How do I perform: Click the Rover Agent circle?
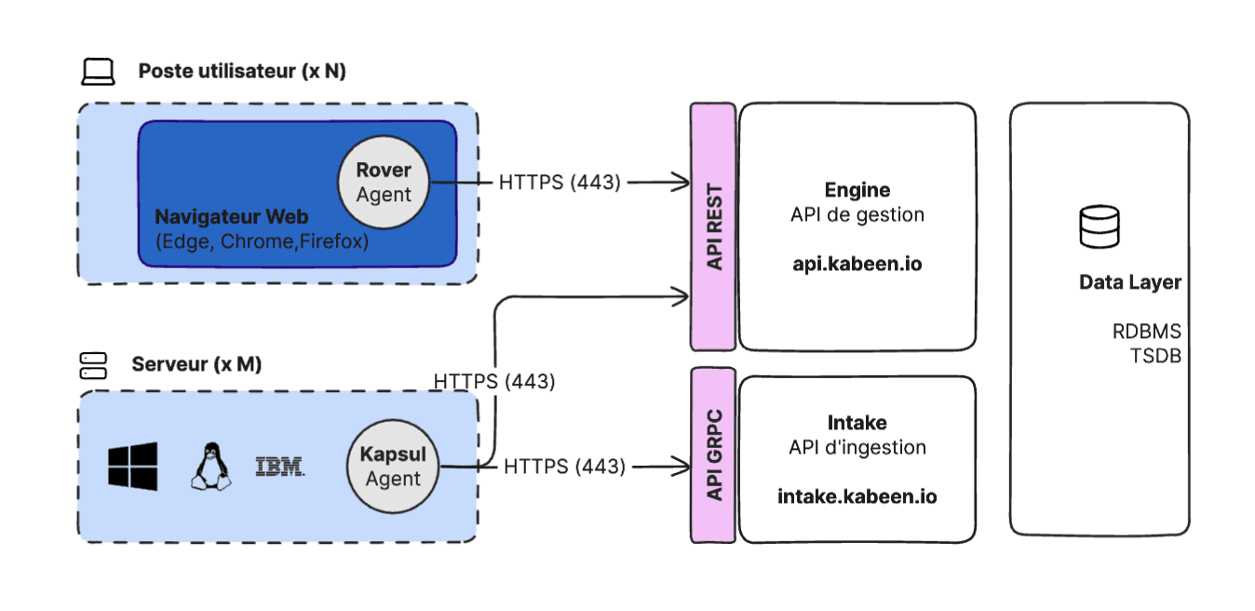coord(384,183)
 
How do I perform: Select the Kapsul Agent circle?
coord(392,467)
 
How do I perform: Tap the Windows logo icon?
coord(132,466)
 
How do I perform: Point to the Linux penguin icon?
coord(211,466)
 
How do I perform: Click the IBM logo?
coord(279,467)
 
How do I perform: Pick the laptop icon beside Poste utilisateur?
coord(98,72)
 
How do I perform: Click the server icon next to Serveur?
coord(93,365)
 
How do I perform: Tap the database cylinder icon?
coord(1099,227)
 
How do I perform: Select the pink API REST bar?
coord(714,226)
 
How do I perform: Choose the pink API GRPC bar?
coord(714,455)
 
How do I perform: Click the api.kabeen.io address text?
coord(857,264)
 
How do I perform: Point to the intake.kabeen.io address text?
coord(857,496)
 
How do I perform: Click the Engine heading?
coord(857,190)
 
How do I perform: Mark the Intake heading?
coord(857,423)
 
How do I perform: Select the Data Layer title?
coord(1129,282)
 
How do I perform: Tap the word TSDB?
coord(1155,355)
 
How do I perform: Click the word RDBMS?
coord(1146,332)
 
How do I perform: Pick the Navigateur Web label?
coord(231,217)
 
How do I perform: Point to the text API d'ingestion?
coord(857,447)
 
